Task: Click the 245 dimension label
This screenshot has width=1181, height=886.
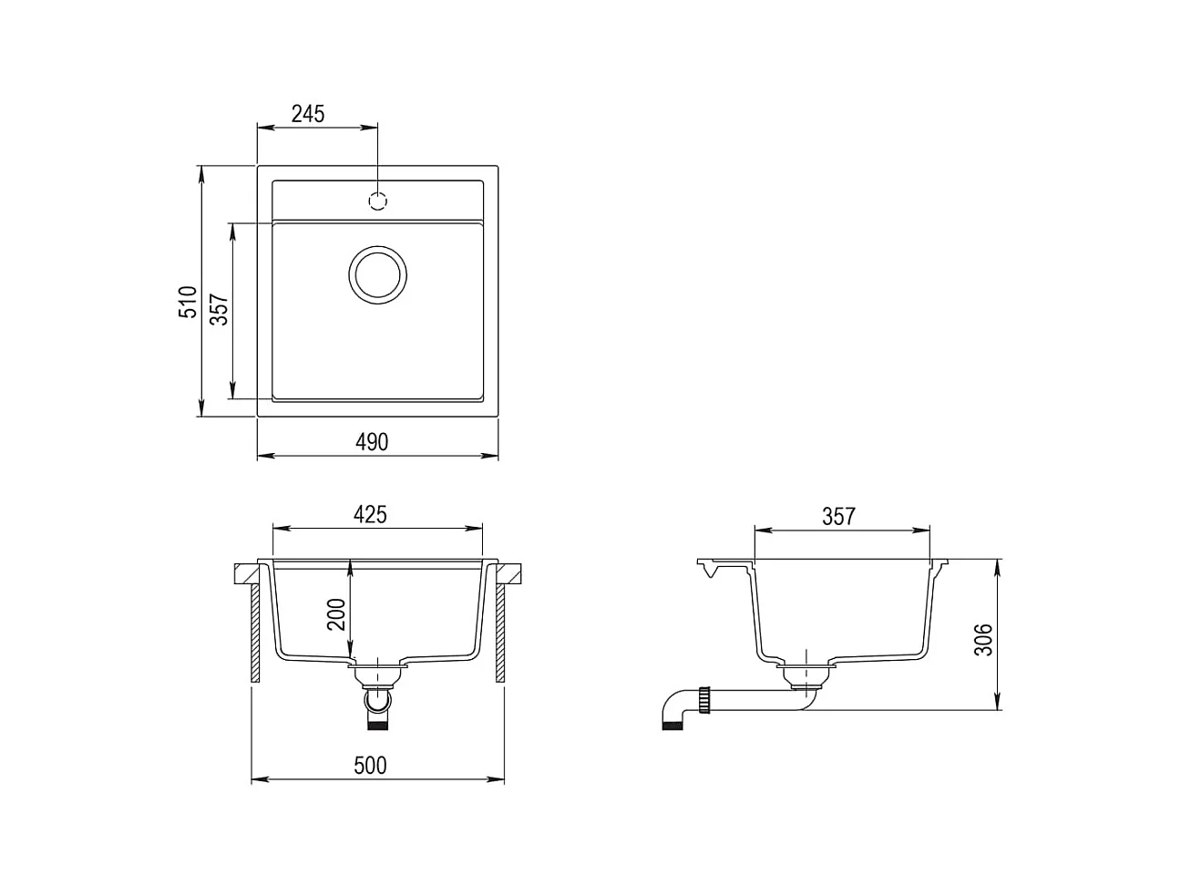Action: click(x=308, y=114)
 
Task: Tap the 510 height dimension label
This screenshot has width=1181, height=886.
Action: click(x=188, y=302)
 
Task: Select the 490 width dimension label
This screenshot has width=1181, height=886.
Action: click(x=372, y=442)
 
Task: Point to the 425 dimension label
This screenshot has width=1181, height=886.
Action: click(x=370, y=514)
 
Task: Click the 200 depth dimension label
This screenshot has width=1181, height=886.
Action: click(x=336, y=613)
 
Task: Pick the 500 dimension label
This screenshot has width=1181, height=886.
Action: click(x=370, y=765)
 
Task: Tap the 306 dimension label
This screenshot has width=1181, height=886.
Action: click(x=983, y=639)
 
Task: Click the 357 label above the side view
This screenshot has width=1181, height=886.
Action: click(x=838, y=516)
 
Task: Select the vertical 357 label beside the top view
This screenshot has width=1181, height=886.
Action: click(x=219, y=309)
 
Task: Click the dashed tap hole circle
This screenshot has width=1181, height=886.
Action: click(x=377, y=201)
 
